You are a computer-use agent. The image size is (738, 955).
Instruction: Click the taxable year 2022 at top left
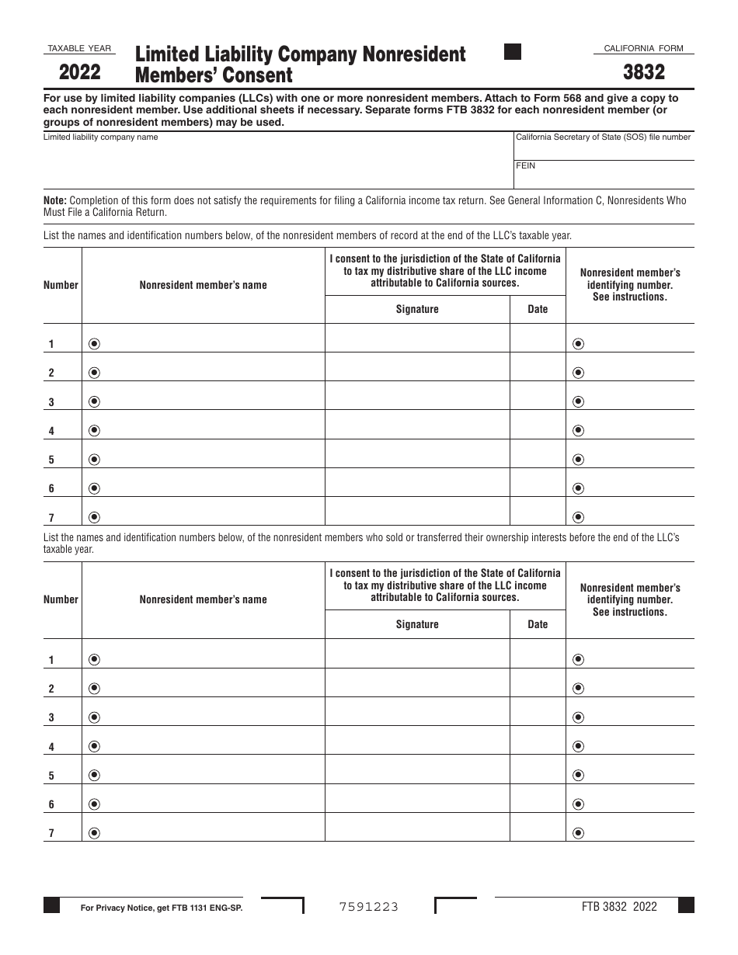(79, 72)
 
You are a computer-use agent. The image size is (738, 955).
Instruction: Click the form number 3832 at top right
(643, 72)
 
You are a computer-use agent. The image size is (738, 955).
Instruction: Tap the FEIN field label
(526, 165)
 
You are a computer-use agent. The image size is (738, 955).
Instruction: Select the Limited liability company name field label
(100, 137)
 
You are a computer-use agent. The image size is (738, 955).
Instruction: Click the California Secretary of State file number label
(603, 137)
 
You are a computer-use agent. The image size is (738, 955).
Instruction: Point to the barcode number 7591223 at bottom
(369, 907)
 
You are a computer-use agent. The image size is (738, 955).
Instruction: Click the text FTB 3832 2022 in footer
(619, 906)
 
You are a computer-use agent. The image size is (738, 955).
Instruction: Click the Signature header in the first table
(417, 309)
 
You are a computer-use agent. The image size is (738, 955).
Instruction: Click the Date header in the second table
(538, 624)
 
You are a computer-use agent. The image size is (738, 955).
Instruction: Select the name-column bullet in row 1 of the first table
(95, 344)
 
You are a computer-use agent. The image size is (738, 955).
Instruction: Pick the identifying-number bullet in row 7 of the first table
(578, 517)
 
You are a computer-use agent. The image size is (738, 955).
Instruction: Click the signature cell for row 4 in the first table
(417, 425)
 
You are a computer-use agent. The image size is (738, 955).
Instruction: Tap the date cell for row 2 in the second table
(538, 682)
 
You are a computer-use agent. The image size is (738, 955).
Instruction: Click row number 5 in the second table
(51, 776)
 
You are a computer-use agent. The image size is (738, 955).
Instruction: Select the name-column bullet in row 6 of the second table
(95, 804)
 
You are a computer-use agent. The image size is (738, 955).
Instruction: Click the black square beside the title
(513, 52)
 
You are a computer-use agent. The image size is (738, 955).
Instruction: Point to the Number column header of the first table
(61, 285)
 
